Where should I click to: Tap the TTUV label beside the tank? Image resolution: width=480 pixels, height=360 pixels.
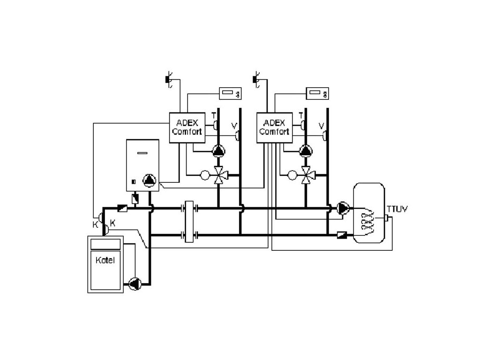[397, 208]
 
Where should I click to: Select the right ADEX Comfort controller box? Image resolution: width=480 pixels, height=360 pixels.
[274, 127]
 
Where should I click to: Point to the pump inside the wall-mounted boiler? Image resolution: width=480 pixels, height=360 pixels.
[150, 180]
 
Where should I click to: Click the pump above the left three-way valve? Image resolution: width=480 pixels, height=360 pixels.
[218, 151]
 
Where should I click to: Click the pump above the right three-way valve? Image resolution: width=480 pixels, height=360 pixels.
[306, 151]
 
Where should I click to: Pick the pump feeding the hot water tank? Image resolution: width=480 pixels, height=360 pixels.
[343, 208]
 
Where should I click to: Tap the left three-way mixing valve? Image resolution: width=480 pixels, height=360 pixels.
[218, 176]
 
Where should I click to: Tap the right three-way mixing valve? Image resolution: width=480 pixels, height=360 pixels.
[306, 176]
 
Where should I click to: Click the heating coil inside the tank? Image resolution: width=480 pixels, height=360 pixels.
[368, 220]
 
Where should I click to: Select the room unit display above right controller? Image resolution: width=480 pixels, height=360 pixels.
[318, 94]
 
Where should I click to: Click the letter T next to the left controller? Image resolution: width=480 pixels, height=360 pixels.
[214, 115]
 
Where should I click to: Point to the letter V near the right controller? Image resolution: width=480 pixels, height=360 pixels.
[321, 126]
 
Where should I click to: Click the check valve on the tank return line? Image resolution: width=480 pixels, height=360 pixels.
[342, 234]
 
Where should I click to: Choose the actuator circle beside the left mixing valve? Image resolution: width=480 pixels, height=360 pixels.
[204, 176]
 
